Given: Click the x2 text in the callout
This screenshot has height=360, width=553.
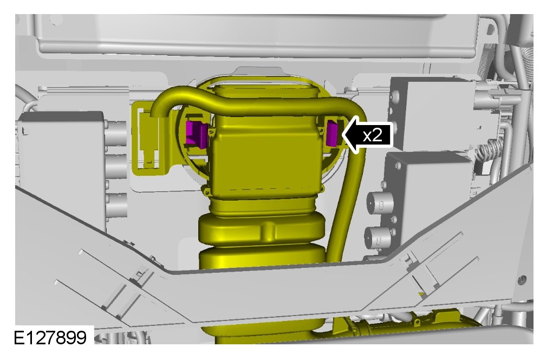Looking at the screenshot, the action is (x=373, y=135).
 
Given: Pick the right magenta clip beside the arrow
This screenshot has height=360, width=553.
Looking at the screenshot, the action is (x=332, y=133).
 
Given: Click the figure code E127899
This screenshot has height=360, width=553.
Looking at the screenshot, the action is (x=50, y=337).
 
